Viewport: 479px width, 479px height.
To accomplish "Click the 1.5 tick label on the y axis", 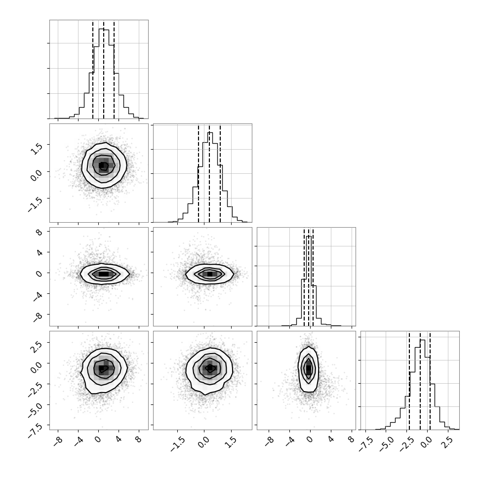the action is click(x=37, y=149).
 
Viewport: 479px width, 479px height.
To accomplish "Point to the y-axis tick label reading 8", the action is click(x=40, y=232).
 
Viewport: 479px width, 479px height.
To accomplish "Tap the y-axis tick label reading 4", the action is click(x=40, y=253).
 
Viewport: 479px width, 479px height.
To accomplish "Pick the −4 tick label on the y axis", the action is click(x=38, y=296).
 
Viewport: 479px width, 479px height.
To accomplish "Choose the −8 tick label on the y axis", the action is click(x=38, y=317).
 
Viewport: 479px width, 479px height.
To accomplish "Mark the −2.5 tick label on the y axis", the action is click(x=35, y=390).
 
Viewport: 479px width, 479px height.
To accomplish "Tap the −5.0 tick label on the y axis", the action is click(x=35, y=410).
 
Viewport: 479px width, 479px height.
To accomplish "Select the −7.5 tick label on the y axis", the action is click(x=35, y=431).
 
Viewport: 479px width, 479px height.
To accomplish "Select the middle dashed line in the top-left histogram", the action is click(x=104, y=69).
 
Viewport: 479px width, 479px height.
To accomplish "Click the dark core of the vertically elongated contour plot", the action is click(x=309, y=369).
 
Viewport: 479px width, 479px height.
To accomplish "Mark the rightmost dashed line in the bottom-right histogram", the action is click(x=430, y=380).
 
